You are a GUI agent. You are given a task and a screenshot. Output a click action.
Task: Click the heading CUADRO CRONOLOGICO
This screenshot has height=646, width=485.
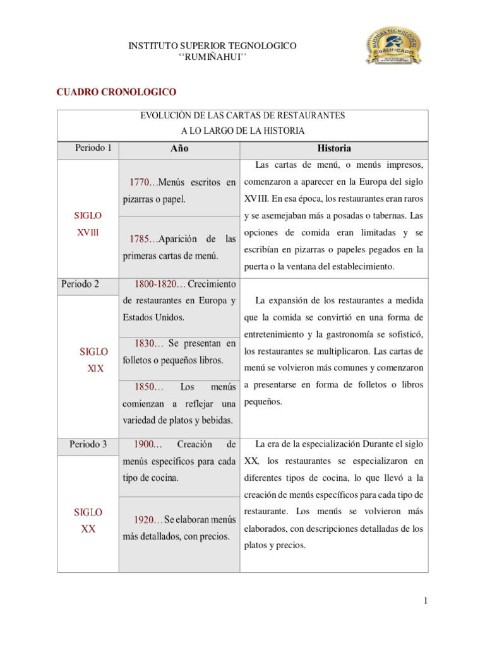coord(116,93)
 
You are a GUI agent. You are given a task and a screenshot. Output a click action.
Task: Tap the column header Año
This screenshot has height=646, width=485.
coord(179,149)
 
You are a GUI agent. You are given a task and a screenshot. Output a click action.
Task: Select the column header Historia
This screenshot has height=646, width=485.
coord(333,149)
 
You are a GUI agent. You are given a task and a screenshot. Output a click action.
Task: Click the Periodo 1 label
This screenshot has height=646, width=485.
coord(93,149)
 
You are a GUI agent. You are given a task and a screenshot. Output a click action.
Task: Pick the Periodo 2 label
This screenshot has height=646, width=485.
coord(80,284)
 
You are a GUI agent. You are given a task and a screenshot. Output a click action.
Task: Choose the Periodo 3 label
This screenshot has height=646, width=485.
coord(88,444)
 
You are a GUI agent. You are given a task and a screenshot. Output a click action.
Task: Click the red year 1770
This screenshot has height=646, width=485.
coord(139,182)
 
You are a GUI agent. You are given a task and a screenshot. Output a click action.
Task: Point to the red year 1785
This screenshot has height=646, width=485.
coord(139,239)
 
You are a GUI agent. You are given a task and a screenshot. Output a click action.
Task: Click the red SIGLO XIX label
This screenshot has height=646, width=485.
coord(93,360)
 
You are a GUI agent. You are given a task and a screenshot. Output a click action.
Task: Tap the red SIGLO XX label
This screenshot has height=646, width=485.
coord(88,520)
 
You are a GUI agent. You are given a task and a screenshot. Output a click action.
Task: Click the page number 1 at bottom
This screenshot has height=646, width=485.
coord(426,601)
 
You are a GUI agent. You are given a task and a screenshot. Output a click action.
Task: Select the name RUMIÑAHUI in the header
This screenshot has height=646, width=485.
coord(213,57)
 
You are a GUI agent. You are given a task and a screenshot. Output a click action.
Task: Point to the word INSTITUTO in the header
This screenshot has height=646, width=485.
coord(152,46)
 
